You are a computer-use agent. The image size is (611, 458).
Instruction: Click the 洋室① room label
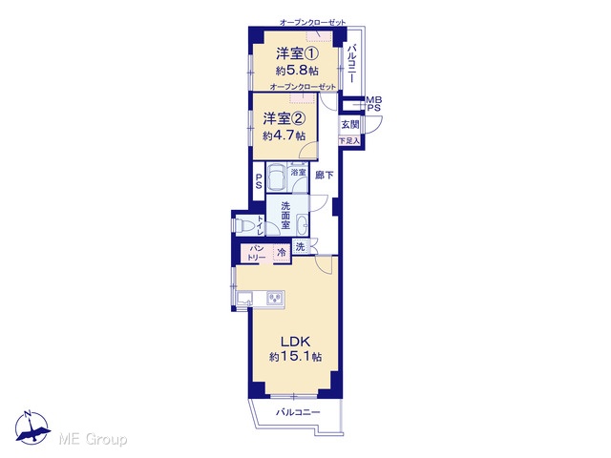tap(297, 53)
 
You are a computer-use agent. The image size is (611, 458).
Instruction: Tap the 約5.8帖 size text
tap(297, 71)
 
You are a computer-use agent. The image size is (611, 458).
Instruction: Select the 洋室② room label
tap(284, 118)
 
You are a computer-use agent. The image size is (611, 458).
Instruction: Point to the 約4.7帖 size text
tap(284, 135)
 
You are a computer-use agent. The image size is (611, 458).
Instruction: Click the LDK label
tap(295, 342)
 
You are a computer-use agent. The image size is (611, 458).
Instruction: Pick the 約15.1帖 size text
tap(295, 357)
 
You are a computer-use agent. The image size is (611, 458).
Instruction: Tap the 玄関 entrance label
tap(350, 125)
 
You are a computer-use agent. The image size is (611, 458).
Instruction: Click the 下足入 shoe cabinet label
tap(349, 140)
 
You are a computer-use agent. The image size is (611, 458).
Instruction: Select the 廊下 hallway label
tap(324, 176)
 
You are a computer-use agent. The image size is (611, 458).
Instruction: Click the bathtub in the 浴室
tap(276, 177)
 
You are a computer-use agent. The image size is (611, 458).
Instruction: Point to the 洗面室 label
tap(285, 215)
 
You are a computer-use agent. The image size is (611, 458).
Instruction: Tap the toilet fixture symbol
tap(243, 225)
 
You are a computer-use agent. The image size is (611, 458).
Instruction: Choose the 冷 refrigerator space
tap(282, 252)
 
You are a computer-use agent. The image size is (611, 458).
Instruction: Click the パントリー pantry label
tap(257, 253)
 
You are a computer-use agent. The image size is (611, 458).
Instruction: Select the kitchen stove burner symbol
tap(275, 299)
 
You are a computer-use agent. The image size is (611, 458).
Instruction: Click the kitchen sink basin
tap(244, 300)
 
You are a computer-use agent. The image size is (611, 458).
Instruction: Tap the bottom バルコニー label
tap(298, 412)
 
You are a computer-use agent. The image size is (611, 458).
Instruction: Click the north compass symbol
tap(32, 427)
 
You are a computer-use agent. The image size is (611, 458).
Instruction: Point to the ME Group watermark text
tap(93, 440)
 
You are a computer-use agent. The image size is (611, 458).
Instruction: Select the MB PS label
tap(373, 104)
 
